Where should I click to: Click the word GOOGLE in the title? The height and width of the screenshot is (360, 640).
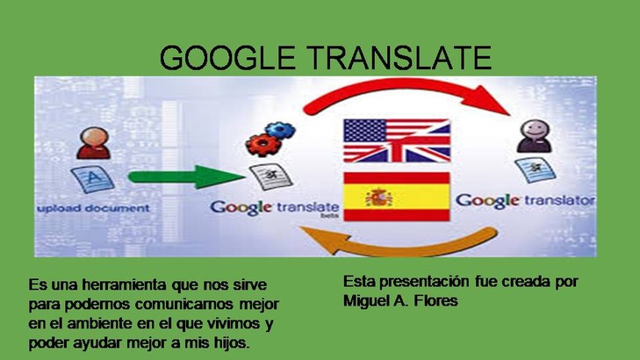click(227, 58)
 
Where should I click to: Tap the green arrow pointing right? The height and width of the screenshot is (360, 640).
click(186, 176)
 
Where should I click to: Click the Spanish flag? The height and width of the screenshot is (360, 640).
click(397, 197)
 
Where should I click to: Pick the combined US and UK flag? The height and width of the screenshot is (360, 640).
click(397, 140)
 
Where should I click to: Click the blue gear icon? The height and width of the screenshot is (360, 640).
click(280, 130)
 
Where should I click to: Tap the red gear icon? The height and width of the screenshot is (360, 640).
click(262, 145)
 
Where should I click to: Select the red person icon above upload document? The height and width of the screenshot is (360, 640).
click(93, 143)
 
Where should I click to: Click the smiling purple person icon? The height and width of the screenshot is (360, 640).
click(535, 136)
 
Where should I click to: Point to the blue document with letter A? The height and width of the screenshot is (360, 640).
click(93, 179)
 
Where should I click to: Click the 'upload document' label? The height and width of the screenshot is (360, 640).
click(93, 208)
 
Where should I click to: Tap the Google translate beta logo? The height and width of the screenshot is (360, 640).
click(275, 208)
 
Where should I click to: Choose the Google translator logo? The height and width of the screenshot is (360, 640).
click(525, 201)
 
